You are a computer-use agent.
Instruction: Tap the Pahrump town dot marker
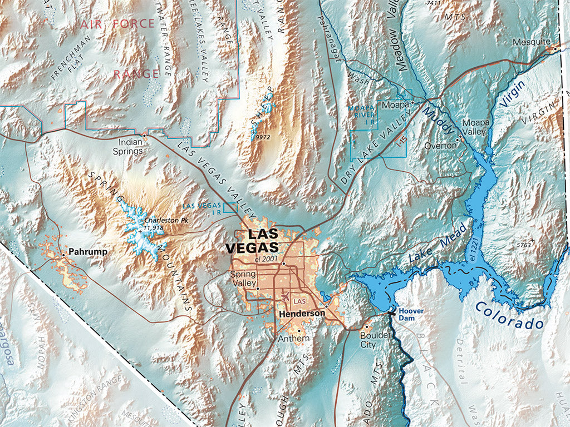pyautogui.click(x=64, y=255)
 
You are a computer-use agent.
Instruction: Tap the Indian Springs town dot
pyautogui.click(x=145, y=135)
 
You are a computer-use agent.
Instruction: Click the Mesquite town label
pyautogui.click(x=532, y=42)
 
